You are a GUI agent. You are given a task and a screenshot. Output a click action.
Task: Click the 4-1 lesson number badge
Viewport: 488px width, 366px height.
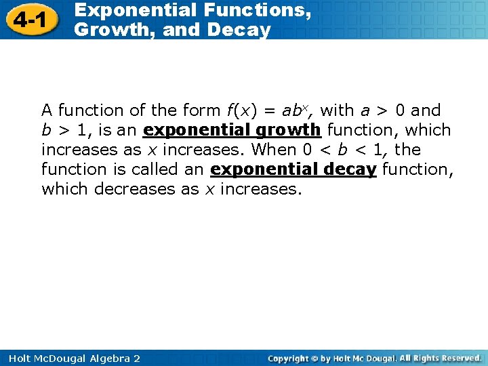tap(28, 20)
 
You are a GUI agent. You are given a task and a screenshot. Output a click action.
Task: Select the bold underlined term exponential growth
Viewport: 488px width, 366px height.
tap(232, 129)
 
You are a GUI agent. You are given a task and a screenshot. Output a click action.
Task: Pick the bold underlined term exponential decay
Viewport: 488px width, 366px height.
tap(293, 169)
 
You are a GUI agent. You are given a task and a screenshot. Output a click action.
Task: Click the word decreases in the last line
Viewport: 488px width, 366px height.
tap(135, 188)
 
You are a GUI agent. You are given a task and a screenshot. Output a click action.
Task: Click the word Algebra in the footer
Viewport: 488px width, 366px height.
tap(104, 358)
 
